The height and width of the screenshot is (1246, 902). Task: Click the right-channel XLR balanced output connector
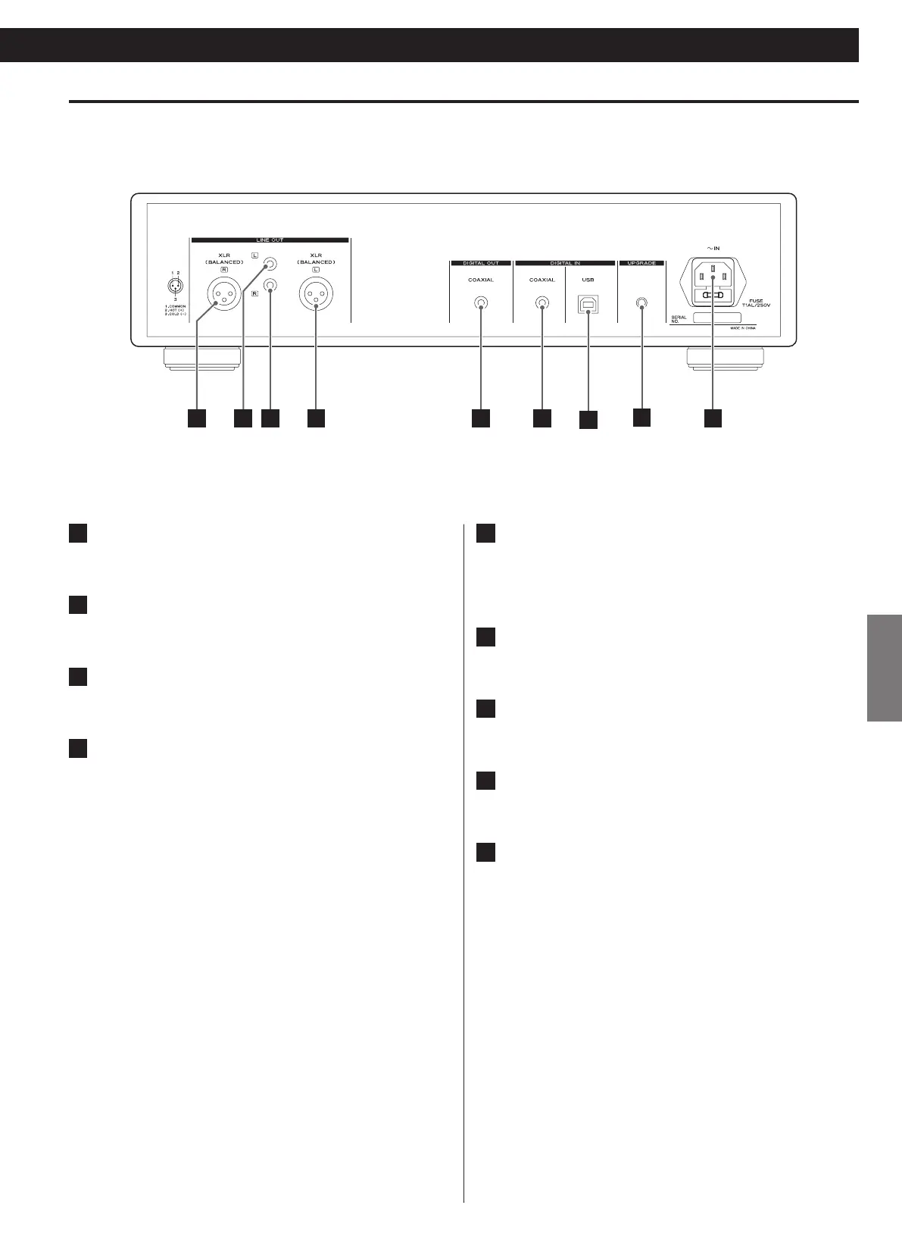coord(225,293)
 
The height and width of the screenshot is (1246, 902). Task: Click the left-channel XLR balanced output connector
coord(316,293)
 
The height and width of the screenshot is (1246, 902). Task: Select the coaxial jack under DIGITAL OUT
coord(481,303)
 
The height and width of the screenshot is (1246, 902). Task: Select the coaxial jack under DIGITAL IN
coord(542,303)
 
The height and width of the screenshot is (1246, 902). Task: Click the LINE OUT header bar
coord(270,240)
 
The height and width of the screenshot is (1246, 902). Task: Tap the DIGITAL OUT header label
coord(481,263)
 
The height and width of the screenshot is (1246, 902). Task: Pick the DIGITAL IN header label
coord(565,263)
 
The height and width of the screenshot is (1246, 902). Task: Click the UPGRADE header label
coord(642,263)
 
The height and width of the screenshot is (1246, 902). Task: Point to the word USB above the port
coord(588,280)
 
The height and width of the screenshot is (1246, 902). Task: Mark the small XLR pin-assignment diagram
coord(176,287)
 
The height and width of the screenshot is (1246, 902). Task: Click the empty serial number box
coord(716,318)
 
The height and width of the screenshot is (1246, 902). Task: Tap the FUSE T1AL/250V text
coord(757,302)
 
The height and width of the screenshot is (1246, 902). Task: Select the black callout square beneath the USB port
coord(588,420)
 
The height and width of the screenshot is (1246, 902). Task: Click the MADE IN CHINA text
coord(743,328)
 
